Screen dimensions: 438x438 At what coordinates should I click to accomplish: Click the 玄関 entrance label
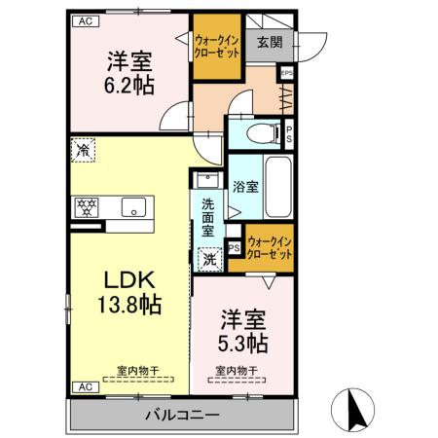pyautogui.click(x=269, y=42)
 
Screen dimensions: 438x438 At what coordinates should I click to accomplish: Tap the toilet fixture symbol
pyautogui.click(x=260, y=132)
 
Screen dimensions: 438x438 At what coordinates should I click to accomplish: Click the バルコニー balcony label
pyautogui.click(x=182, y=416)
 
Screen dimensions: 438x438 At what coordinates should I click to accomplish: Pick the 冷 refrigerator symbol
pyautogui.click(x=85, y=151)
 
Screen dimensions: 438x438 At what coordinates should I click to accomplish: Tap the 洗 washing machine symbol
pyautogui.click(x=209, y=259)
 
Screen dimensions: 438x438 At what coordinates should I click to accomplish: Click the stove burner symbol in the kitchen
pyautogui.click(x=87, y=206)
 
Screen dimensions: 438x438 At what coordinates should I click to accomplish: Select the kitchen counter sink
pyautogui.click(x=133, y=206)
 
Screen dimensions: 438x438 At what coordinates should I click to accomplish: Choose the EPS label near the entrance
pyautogui.click(x=286, y=72)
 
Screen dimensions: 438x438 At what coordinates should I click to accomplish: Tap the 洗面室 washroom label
pyautogui.click(x=208, y=220)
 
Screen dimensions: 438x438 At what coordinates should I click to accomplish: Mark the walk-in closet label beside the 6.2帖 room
pyautogui.click(x=217, y=45)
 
